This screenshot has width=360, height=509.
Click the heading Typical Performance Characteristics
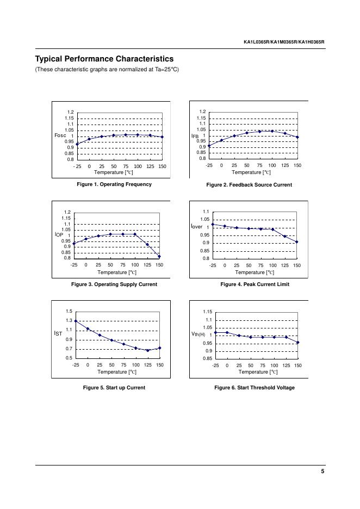pyautogui.click(x=104, y=59)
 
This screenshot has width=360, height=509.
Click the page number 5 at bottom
pyautogui.click(x=322, y=471)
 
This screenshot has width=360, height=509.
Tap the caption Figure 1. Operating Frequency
pyautogui.click(x=114, y=184)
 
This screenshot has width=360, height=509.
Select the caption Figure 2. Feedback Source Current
pyautogui.click(x=249, y=185)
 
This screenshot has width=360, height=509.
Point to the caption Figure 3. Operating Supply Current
pyautogui.click(x=114, y=284)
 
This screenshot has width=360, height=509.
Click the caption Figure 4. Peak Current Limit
pyautogui.click(x=255, y=284)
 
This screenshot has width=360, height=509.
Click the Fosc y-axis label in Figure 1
pyautogui.click(x=60, y=135)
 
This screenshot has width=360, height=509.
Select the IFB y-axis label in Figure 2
pyautogui.click(x=195, y=135)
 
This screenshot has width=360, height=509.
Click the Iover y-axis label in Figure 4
pyautogui.click(x=196, y=226)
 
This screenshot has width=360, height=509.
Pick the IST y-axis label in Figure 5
pyautogui.click(x=58, y=333)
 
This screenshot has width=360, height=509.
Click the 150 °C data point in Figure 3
pyautogui.click(x=159, y=257)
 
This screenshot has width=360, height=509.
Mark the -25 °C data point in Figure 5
pyautogui.click(x=76, y=321)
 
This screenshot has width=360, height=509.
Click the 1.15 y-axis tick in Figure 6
pyautogui.click(x=208, y=312)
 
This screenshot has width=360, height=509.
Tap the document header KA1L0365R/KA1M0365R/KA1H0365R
pyautogui.click(x=284, y=42)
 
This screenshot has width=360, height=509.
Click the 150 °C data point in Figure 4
pyautogui.click(x=297, y=242)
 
